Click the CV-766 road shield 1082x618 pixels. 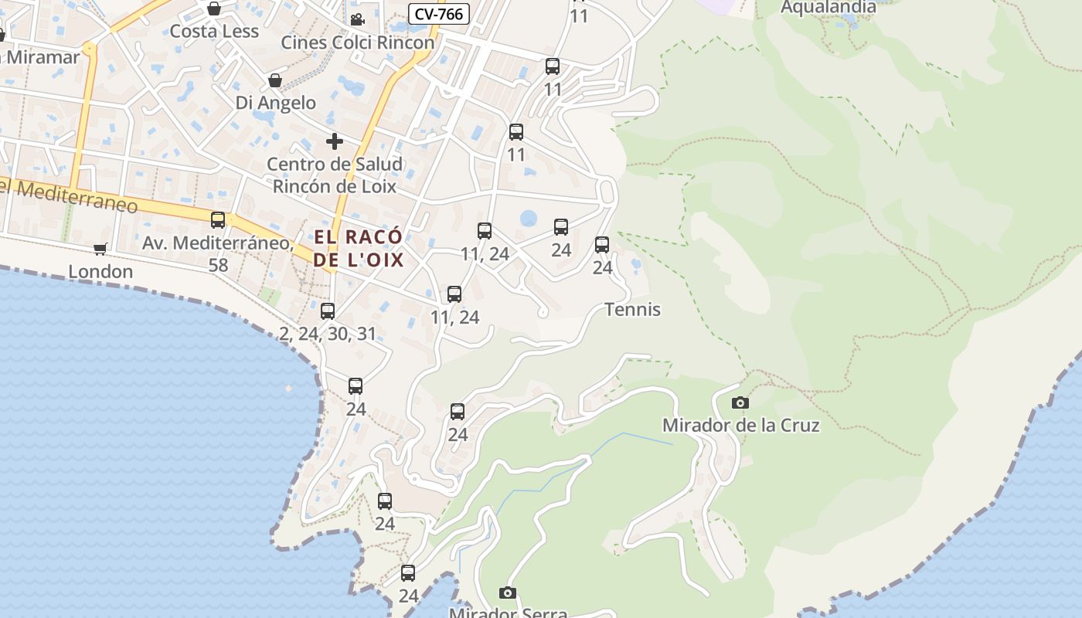[x=439, y=13]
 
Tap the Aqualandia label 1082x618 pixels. [x=829, y=8]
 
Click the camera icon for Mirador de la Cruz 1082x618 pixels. [x=740, y=402]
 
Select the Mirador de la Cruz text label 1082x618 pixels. [x=740, y=425]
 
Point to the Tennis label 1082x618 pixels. [x=632, y=310]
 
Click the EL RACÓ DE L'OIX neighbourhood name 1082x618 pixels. [x=359, y=248]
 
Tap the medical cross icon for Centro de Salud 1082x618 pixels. [x=335, y=141]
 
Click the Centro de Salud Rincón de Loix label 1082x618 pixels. [x=335, y=175]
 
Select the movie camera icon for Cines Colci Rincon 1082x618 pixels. [x=357, y=19]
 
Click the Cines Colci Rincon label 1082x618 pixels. [x=357, y=42]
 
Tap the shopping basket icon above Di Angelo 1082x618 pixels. [x=275, y=80]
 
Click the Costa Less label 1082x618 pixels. [x=214, y=31]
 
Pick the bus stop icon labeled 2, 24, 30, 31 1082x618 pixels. [x=328, y=311]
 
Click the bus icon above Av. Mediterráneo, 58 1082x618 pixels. [x=218, y=220]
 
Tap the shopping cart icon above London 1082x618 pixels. [x=100, y=249]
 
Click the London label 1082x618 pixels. [x=100, y=272]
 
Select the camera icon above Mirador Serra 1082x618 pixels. [x=507, y=593]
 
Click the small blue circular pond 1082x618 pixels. [x=529, y=219]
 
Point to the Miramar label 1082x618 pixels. [x=43, y=57]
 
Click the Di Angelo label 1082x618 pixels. [x=276, y=103]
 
